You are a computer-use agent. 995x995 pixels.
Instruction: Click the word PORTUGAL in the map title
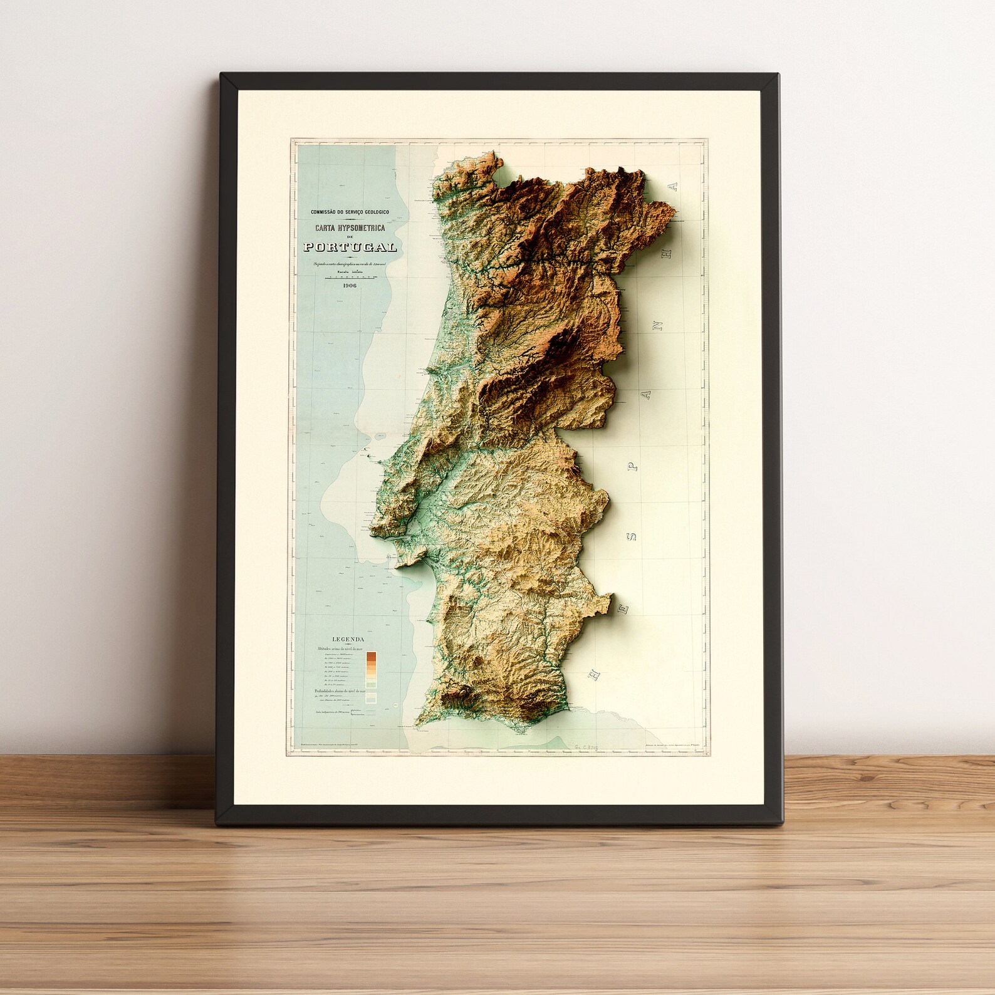point(350,247)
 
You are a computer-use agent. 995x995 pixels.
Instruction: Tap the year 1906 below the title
point(350,286)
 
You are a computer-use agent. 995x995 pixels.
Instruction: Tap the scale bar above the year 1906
point(350,278)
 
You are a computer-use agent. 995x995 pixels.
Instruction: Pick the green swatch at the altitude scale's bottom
point(372,685)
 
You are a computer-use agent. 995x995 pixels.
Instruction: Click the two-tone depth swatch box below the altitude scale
point(372,697)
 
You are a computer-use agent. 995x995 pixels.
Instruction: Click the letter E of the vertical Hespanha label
point(591,675)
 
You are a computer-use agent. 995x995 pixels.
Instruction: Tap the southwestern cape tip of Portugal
point(417,727)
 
